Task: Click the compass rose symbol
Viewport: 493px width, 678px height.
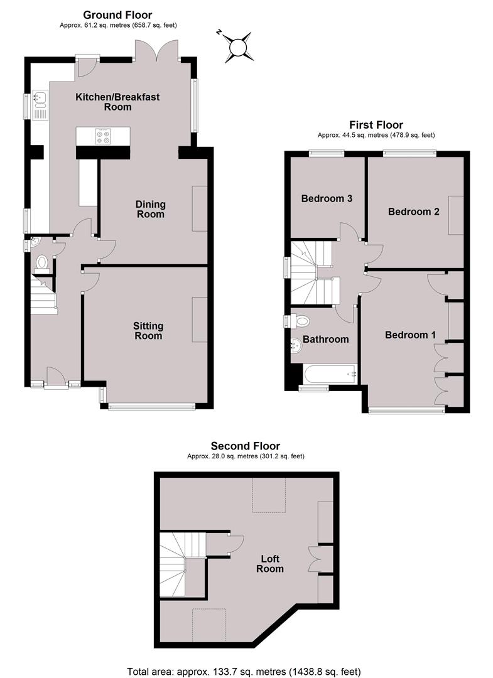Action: (237, 46)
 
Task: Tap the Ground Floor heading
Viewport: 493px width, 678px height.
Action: (117, 16)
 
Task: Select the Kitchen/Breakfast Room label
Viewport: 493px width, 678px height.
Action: (117, 102)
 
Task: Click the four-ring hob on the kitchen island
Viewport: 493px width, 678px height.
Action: (103, 136)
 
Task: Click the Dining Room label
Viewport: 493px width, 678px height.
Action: (151, 209)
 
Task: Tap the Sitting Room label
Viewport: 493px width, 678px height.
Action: (148, 331)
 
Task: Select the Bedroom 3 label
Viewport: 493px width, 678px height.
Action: (327, 198)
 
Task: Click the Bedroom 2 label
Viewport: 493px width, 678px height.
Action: (414, 212)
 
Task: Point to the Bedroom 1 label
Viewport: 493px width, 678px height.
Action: (410, 335)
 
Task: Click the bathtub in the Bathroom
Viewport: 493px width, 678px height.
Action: (330, 374)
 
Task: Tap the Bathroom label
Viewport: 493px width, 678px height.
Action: (326, 340)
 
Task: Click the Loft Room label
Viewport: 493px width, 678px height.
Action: (270, 564)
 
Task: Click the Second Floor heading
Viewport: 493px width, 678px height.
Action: (246, 446)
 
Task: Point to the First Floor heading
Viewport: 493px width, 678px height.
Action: (376, 125)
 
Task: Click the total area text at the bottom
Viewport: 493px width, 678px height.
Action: (244, 672)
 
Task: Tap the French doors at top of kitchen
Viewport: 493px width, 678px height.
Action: (156, 50)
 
